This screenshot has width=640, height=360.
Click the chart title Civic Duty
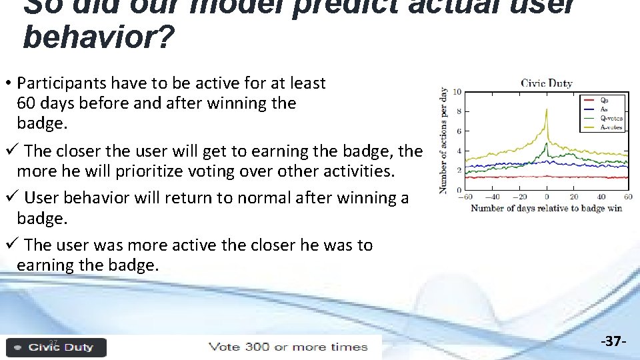pos(547,83)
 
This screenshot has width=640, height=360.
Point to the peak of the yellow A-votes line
pos(547,109)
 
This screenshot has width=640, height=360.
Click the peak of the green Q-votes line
pos(547,143)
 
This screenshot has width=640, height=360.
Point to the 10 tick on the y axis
pos(457,92)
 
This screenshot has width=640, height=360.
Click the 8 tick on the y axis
pos(459,111)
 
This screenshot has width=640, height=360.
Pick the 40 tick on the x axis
pos(601,197)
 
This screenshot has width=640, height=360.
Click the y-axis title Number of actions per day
pos(443,140)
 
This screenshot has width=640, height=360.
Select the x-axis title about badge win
pos(547,209)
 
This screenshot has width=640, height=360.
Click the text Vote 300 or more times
pos(288,347)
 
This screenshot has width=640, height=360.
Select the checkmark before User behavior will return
pos(8,198)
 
